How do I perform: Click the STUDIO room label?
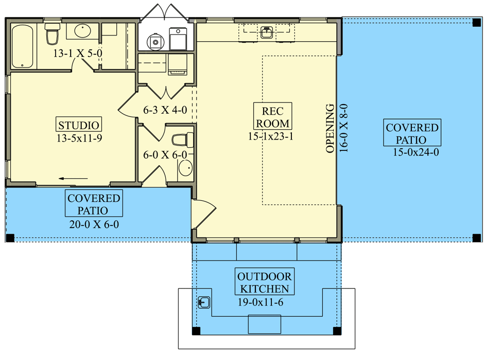coord(78,125)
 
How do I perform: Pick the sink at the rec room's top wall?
coord(266,33)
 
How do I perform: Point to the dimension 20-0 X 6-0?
coord(94,225)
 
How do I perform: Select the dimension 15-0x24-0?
coord(415,152)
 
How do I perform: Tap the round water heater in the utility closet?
coord(154,40)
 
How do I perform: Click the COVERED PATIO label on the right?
coord(412,133)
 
